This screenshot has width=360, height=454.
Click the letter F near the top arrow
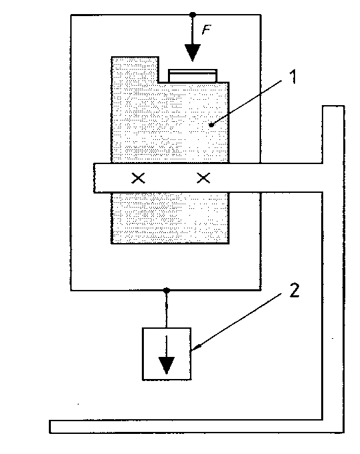[206, 29]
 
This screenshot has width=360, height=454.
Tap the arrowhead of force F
[193, 53]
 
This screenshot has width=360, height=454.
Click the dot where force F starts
[193, 15]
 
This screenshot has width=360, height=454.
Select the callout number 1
[294, 77]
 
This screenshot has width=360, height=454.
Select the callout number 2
[294, 291]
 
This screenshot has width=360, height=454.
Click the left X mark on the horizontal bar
[138, 178]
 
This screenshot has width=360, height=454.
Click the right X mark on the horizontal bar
[203, 177]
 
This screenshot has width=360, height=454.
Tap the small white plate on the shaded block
[193, 76]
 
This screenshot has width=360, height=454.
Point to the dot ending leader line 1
[211, 125]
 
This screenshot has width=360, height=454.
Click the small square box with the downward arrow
[167, 354]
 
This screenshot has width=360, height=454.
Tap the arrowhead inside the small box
[167, 365]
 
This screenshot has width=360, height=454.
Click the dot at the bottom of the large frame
[166, 290]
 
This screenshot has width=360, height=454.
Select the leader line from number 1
[246, 103]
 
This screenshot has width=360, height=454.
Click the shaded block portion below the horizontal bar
[170, 218]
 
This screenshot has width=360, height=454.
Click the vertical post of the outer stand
[333, 269]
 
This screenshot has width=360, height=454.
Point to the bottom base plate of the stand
[197, 427]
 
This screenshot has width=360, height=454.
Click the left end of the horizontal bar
[94, 177]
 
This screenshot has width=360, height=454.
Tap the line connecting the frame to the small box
[167, 309]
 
